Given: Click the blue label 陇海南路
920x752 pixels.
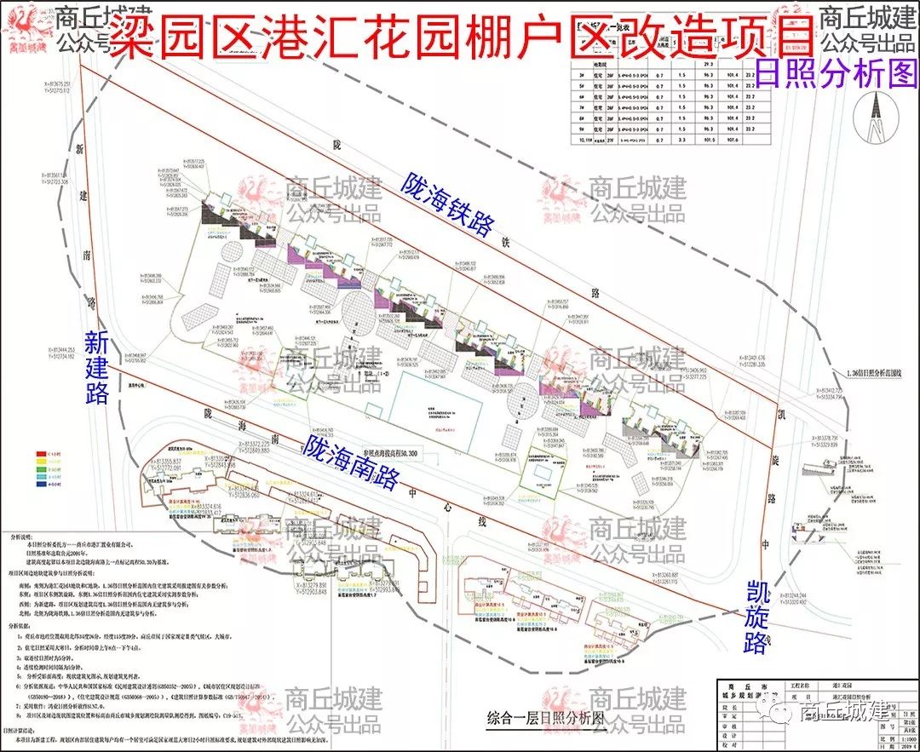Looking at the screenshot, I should click(351, 462).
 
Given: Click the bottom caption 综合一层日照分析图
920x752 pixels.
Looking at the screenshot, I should click(544, 718).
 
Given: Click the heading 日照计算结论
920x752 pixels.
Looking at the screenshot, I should click(25, 731).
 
